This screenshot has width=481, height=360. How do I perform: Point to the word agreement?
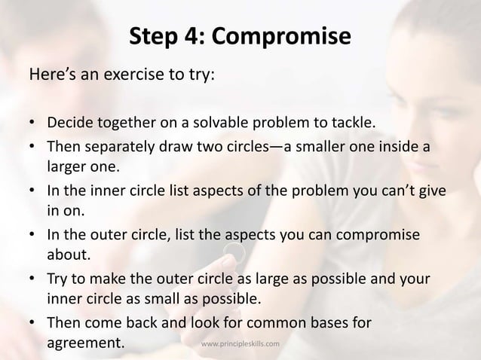(84, 344)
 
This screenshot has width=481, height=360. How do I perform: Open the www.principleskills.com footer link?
(241, 343)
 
